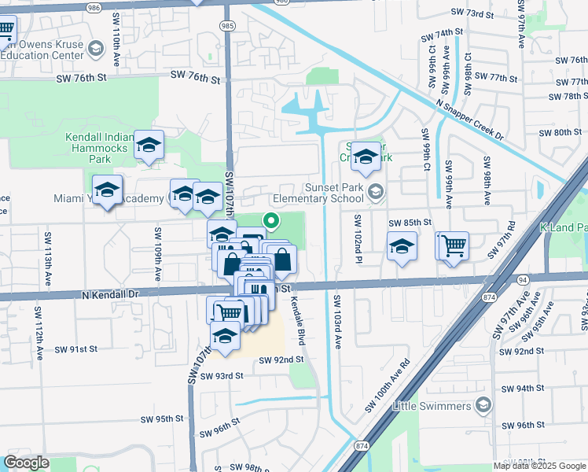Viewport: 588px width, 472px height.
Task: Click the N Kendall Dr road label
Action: point(109,293)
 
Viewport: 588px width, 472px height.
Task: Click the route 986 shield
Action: point(94,7)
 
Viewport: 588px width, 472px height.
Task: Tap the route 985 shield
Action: point(227,26)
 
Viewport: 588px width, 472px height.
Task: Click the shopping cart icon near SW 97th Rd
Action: point(454,245)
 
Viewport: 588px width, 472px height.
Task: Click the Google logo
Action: point(26,463)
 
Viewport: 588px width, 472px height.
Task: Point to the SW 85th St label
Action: point(410,223)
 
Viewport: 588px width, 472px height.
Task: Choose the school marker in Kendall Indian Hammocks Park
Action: point(149,146)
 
